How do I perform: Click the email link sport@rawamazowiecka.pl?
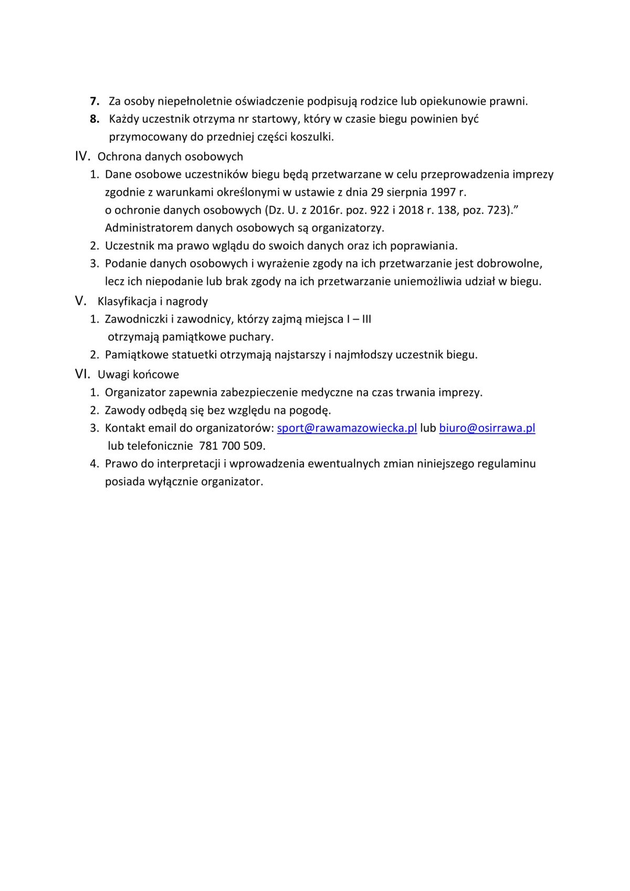(346, 428)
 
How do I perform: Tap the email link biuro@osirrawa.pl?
(487, 428)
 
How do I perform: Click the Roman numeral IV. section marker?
(83, 156)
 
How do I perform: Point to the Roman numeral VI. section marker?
(83, 374)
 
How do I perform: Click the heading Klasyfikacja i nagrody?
(152, 301)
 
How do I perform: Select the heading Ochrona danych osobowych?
(170, 156)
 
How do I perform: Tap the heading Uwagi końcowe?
(138, 374)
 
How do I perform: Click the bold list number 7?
(95, 101)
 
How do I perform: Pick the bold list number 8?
(94, 119)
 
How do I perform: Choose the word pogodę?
(310, 410)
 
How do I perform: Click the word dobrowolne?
(509, 264)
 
